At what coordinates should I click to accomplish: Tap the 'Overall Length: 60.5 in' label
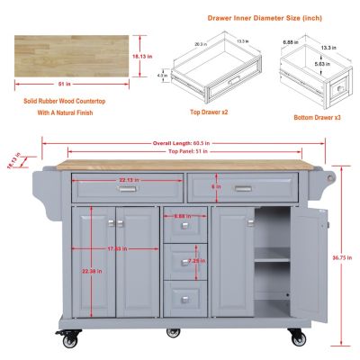(x=183, y=142)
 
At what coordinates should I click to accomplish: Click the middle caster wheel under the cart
(x=173, y=331)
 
